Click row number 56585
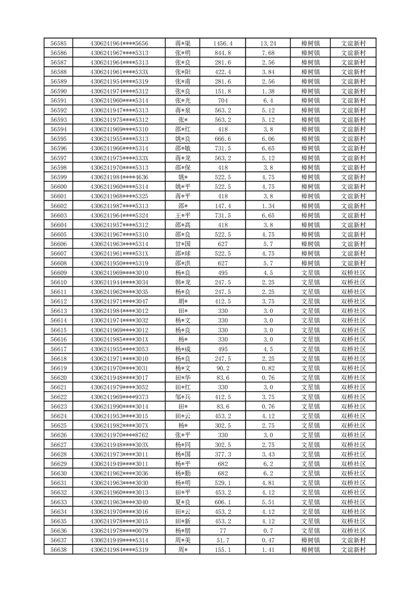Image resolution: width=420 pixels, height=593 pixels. tap(58, 43)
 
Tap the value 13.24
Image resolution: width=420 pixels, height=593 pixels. tap(268, 43)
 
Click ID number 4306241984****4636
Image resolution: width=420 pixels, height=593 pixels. tap(119, 177)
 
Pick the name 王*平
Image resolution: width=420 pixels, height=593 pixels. tap(183, 215)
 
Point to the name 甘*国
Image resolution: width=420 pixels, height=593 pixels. tap(183, 244)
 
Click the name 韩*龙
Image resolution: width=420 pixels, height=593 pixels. tap(183, 282)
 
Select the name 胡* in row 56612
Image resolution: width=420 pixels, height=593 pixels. tap(183, 301)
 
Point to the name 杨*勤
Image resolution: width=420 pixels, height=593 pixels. tap(183, 473)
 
